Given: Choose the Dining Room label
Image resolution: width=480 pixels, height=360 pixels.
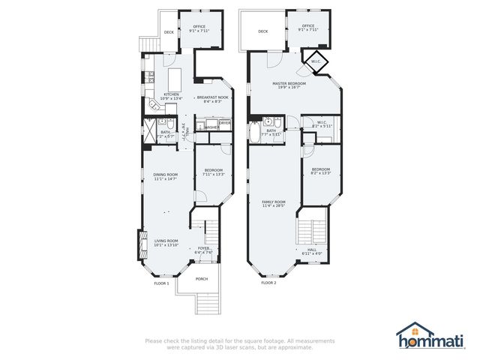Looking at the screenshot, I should click(164, 177).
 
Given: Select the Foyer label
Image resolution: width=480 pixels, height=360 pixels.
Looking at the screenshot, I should click(203, 250).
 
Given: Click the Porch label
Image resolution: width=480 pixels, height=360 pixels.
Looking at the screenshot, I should click(201, 279).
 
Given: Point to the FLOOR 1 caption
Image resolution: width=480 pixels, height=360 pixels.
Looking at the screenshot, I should click(161, 283).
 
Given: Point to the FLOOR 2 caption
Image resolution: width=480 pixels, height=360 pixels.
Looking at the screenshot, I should click(268, 283).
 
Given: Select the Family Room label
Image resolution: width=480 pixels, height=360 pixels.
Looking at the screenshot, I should click(274, 203).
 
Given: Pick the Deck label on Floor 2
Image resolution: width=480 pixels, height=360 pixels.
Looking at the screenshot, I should click(262, 31).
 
